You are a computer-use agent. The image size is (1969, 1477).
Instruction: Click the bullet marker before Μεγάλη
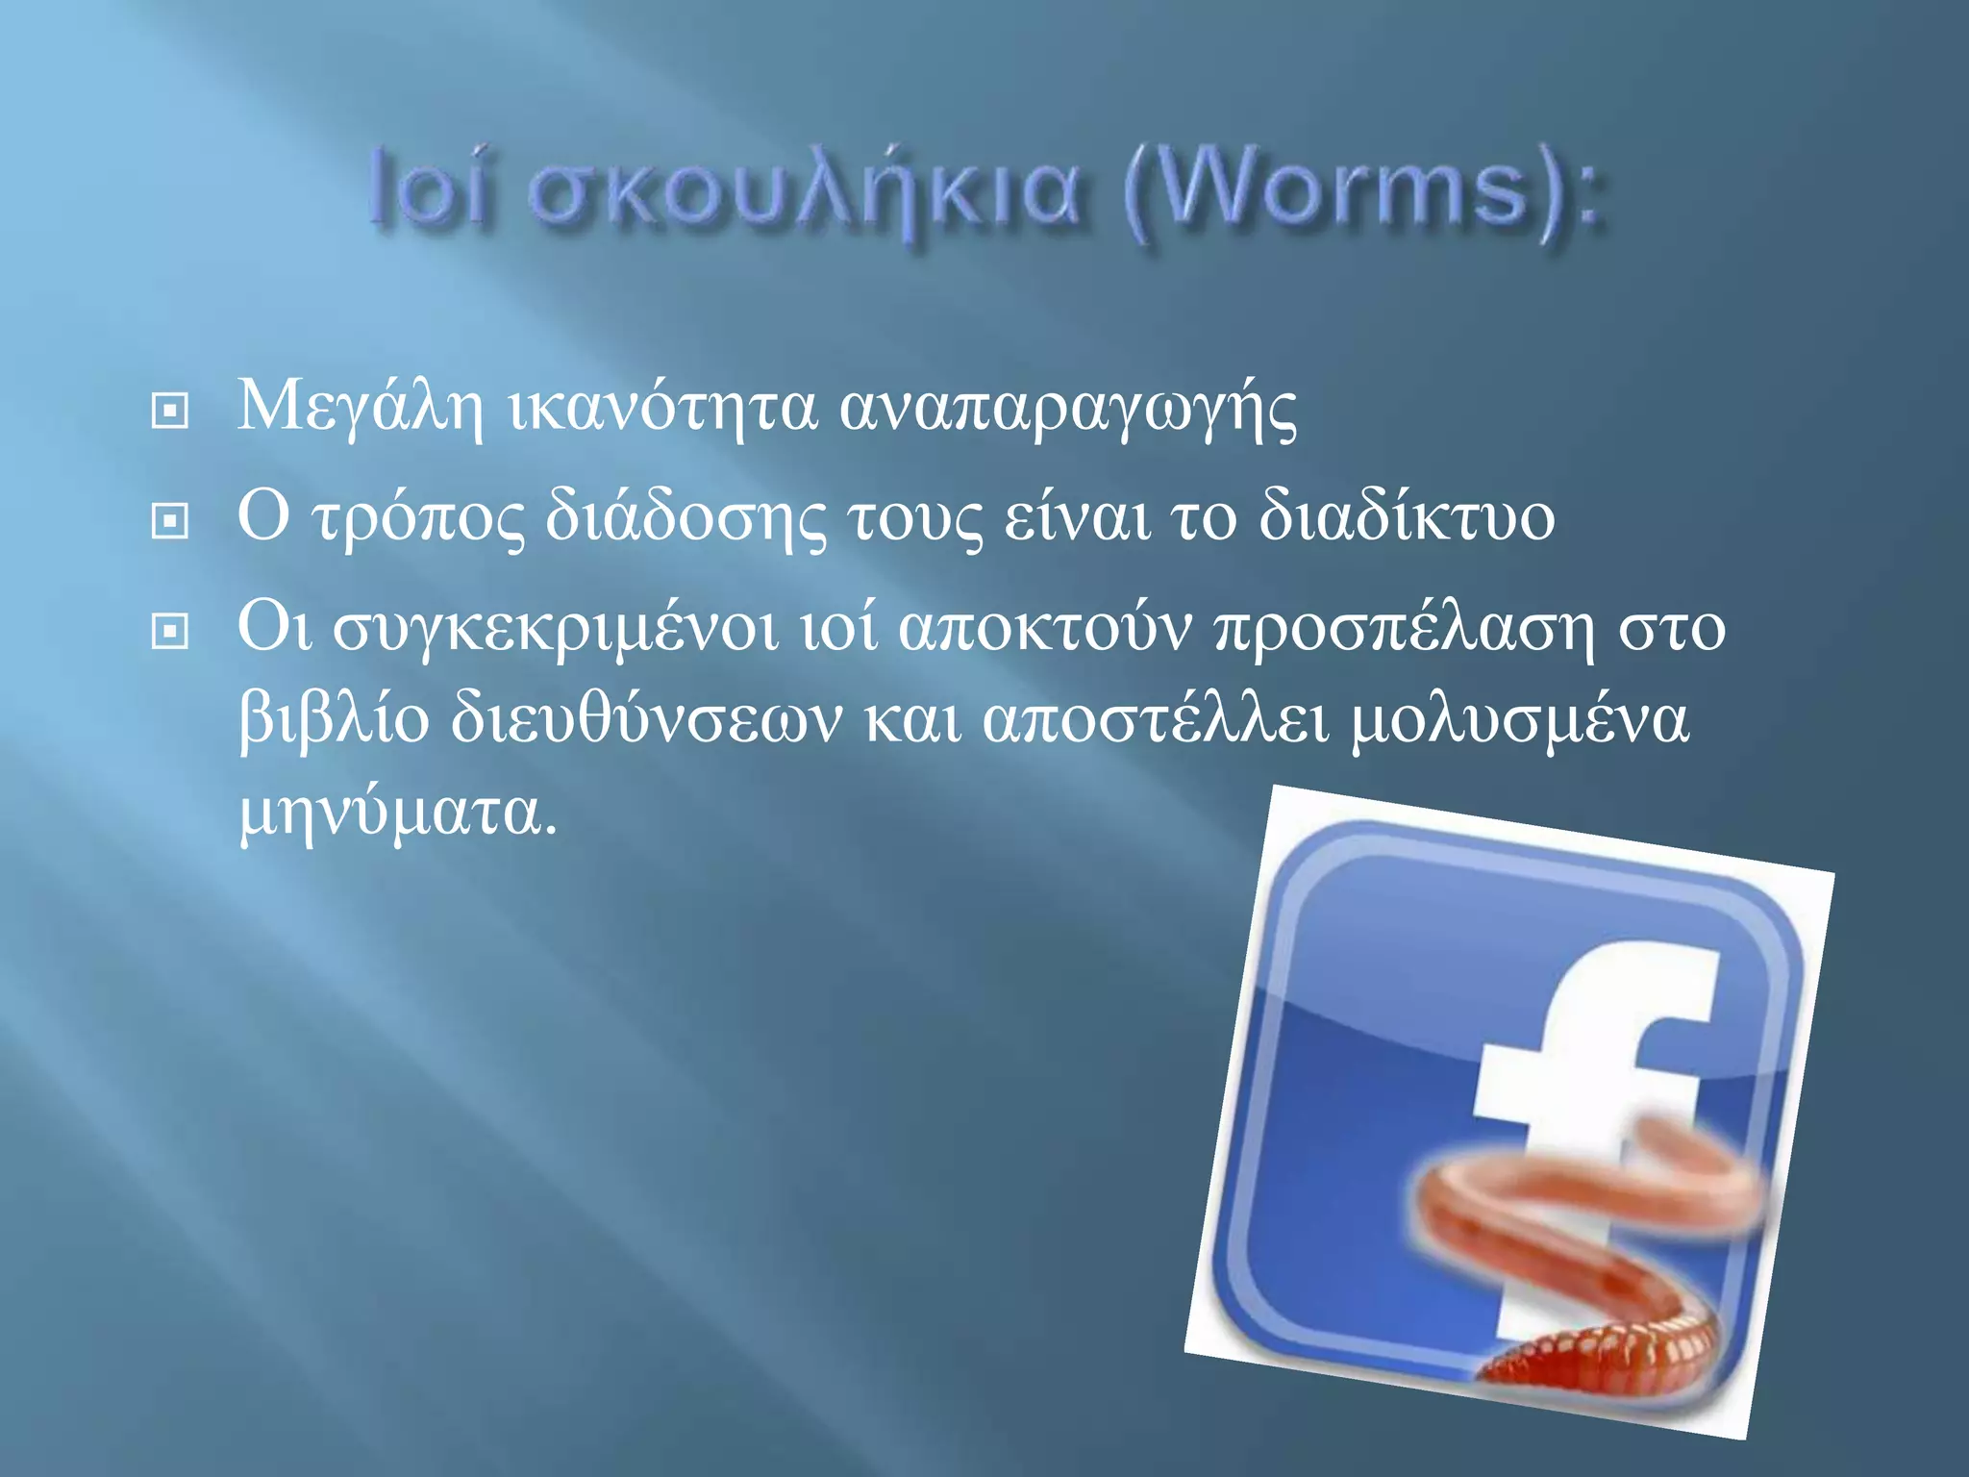170,412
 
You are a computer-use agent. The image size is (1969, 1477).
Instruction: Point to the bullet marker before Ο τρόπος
170,521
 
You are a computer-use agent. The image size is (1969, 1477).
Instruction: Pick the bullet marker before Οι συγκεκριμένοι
170,632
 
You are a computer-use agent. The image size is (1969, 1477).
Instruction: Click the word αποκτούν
1044,628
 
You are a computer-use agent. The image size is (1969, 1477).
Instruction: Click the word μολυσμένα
1520,719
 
